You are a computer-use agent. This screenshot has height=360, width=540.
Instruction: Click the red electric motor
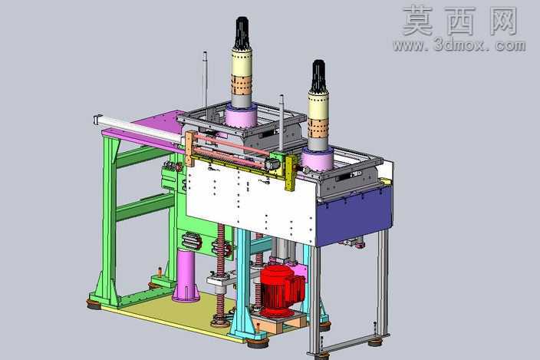click(282, 289)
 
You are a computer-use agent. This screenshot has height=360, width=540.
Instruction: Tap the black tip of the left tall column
click(242, 32)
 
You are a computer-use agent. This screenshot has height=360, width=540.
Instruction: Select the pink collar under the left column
click(241, 117)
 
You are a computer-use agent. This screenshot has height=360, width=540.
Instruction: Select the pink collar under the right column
click(318, 160)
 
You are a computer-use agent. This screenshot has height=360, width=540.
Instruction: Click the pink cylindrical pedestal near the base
click(186, 276)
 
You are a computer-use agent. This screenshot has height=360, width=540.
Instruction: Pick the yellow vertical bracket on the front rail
click(291, 172)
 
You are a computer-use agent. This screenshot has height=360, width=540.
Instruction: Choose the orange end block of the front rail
click(189, 149)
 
